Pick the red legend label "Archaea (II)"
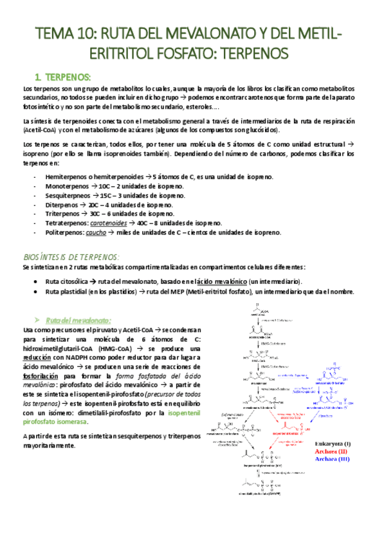(x=332, y=451)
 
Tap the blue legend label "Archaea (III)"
(x=332, y=459)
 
